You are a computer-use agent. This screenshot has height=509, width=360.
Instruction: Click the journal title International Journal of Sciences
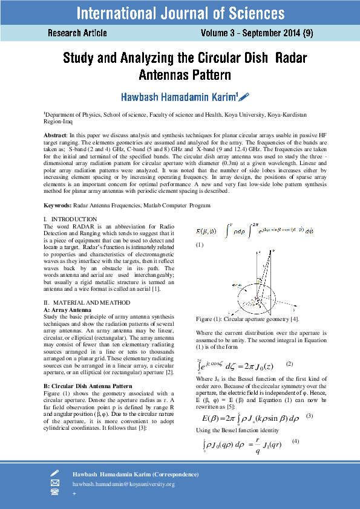pyautogui.click(x=180, y=13)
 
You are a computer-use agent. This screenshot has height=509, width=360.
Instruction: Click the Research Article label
pyautogui.click(x=77, y=33)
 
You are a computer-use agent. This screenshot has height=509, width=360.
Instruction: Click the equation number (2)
pyautogui.click(x=289, y=363)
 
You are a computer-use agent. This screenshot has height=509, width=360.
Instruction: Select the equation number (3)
pyautogui.click(x=309, y=416)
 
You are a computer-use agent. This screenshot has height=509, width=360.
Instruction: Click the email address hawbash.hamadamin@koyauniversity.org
pyautogui.click(x=123, y=484)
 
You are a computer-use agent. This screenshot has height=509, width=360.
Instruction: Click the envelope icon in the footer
pyautogui.click(x=54, y=483)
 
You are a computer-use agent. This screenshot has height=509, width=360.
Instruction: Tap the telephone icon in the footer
pyautogui.click(x=54, y=493)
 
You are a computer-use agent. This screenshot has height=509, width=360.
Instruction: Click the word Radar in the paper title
pyautogui.click(x=291, y=59)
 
